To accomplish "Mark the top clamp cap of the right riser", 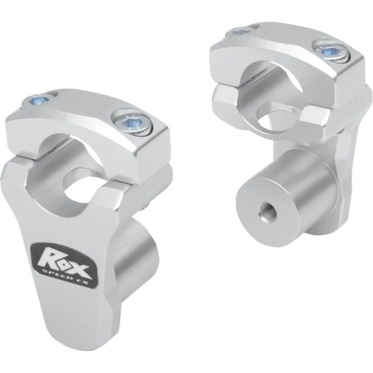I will [x=280, y=51].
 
